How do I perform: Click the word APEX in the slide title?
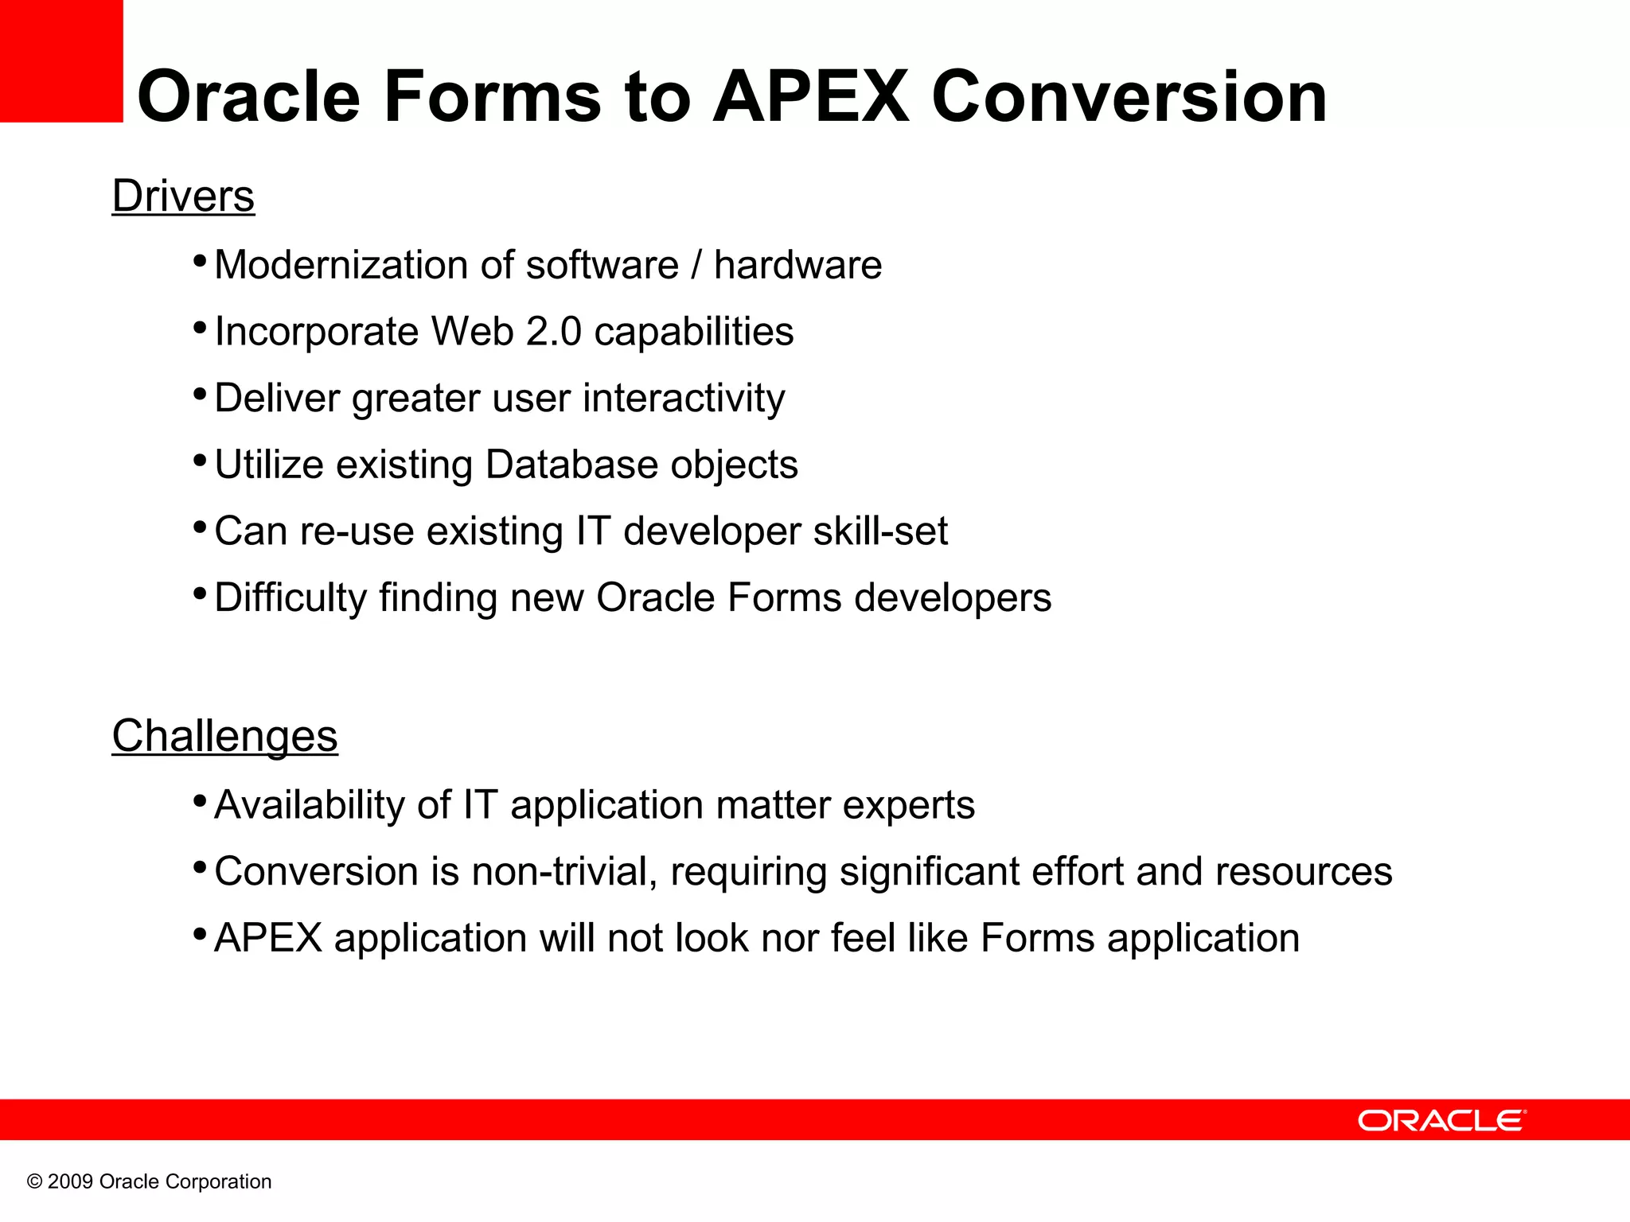(810, 97)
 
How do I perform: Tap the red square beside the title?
(61, 61)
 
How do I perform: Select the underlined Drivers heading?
(183, 196)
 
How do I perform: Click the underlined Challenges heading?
(224, 736)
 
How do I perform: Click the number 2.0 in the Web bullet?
(554, 332)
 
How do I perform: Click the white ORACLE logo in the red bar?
(1441, 1121)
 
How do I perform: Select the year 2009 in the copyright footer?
(70, 1182)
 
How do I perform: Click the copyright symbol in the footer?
(34, 1182)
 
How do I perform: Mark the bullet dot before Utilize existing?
(200, 461)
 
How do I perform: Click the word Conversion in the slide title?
(1129, 97)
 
